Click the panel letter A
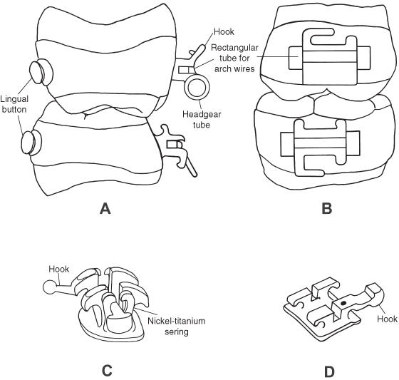tap(105, 209)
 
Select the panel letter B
tap(327, 208)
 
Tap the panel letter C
tap(107, 371)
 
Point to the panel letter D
tap(329, 371)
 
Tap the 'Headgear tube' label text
tap(202, 119)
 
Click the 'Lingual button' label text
tap(14, 104)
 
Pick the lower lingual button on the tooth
tap(31, 143)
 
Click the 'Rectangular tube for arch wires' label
tap(234, 58)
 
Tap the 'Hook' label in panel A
tap(224, 32)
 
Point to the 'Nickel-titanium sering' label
tap(177, 326)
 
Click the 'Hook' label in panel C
tap(58, 269)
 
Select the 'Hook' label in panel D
tap(387, 319)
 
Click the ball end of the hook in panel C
tap(49, 287)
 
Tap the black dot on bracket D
tap(343, 303)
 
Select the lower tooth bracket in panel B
tap(320, 148)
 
